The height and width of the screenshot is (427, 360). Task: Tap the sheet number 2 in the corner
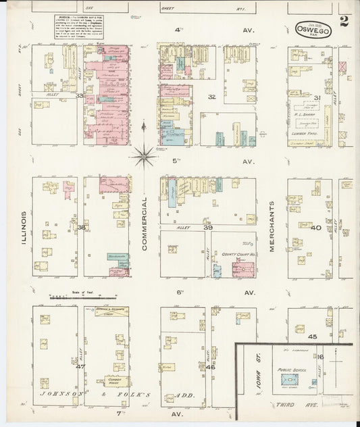coord(344,22)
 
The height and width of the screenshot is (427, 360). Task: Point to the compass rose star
coord(143,157)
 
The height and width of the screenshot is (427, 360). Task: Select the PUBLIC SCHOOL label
coord(290,370)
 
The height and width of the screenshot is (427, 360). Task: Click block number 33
coord(80,96)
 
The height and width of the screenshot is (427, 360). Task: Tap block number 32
coord(211,97)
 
